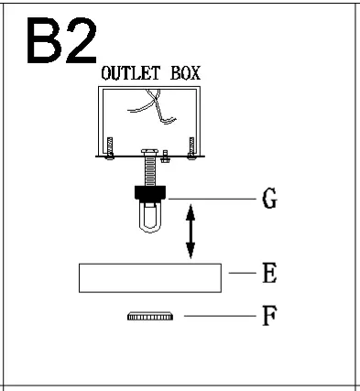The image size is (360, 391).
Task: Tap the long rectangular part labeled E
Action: (x=150, y=277)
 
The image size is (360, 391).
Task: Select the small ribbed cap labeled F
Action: (x=148, y=316)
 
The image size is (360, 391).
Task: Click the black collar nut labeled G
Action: (x=149, y=192)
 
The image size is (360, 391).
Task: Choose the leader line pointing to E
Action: (x=239, y=273)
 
